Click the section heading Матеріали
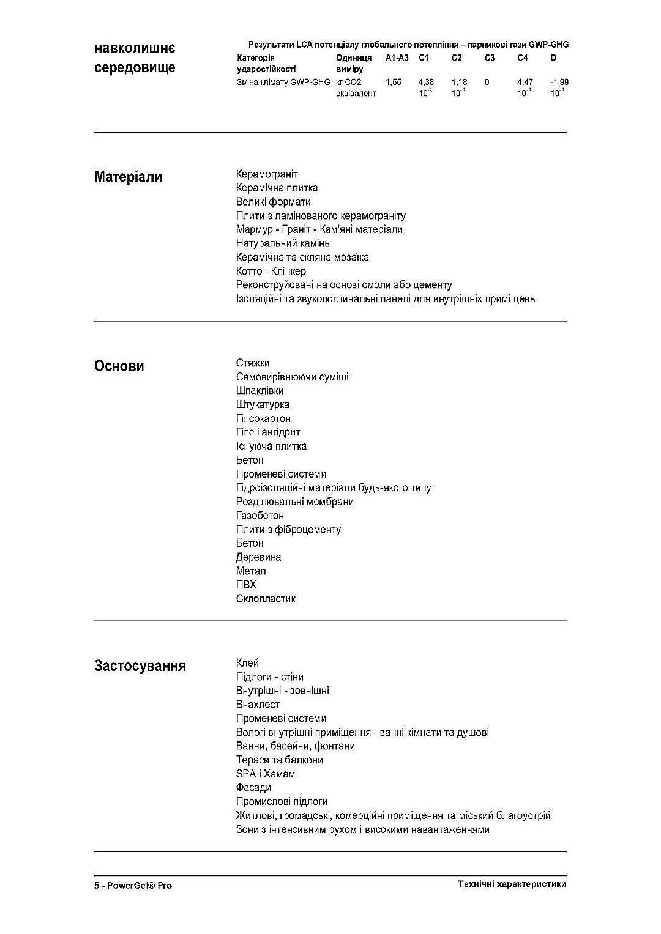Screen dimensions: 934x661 pos(128,177)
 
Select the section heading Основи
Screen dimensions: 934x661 pos(119,366)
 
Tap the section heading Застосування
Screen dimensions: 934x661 pos(140,666)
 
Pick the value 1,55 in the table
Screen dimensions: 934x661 pos(394,82)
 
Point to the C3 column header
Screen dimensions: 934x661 pos(489,58)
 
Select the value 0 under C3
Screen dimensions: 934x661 pos(487,82)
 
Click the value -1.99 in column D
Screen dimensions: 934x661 pos(559,82)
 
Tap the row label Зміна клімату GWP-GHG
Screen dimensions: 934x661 pos(283,82)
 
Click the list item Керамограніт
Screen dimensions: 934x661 pos(267,174)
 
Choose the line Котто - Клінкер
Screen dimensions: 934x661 pos(271,271)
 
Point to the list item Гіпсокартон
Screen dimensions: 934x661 pos(263,418)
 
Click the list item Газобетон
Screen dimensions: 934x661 pos(260,516)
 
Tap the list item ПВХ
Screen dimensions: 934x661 pos(246,585)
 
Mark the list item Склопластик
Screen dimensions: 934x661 pos(266,599)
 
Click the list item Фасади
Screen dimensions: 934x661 pos(253,787)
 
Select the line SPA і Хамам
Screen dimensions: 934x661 pos(266,774)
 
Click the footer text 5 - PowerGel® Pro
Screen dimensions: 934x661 pos(133,885)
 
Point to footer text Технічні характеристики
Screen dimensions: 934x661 pos(512,884)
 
